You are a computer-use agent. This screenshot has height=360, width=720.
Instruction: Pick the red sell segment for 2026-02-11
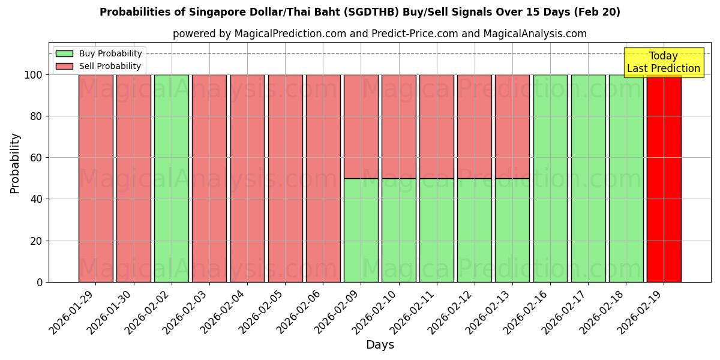(x=437, y=126)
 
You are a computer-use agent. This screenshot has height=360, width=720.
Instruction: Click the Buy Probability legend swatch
(x=64, y=53)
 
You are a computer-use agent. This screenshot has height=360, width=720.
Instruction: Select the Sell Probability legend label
(x=110, y=66)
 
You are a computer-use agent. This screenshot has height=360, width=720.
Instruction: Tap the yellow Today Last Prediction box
(x=663, y=62)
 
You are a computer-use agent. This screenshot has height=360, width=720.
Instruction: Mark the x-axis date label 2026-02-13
(x=489, y=314)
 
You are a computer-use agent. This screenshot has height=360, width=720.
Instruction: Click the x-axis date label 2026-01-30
(x=110, y=314)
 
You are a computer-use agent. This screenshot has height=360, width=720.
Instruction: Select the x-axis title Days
(x=380, y=345)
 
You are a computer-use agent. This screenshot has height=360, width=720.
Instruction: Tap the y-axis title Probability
(x=15, y=163)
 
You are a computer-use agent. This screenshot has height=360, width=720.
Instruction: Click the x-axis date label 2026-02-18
(x=602, y=314)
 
